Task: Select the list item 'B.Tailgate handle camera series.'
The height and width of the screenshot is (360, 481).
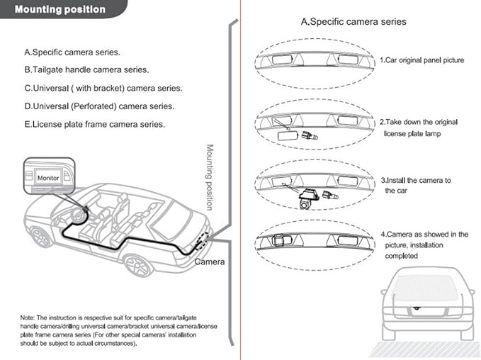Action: click(87, 70)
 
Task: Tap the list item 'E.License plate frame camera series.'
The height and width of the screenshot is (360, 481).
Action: click(95, 124)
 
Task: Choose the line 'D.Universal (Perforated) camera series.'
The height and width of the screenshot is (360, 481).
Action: click(99, 106)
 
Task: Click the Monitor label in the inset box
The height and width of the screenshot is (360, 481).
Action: click(48, 178)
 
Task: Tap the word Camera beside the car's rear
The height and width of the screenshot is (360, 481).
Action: click(210, 261)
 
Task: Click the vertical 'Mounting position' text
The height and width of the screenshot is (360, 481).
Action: click(210, 177)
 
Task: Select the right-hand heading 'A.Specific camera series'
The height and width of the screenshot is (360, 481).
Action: click(353, 21)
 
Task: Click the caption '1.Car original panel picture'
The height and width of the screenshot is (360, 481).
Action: click(422, 60)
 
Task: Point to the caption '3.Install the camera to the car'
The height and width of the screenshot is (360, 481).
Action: click(416, 185)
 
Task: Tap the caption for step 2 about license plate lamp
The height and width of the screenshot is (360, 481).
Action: click(419, 128)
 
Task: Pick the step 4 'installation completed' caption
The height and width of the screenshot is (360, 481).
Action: click(425, 245)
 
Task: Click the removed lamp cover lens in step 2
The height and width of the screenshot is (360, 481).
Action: click(288, 135)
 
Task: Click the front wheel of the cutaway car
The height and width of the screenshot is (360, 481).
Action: click(40, 237)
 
